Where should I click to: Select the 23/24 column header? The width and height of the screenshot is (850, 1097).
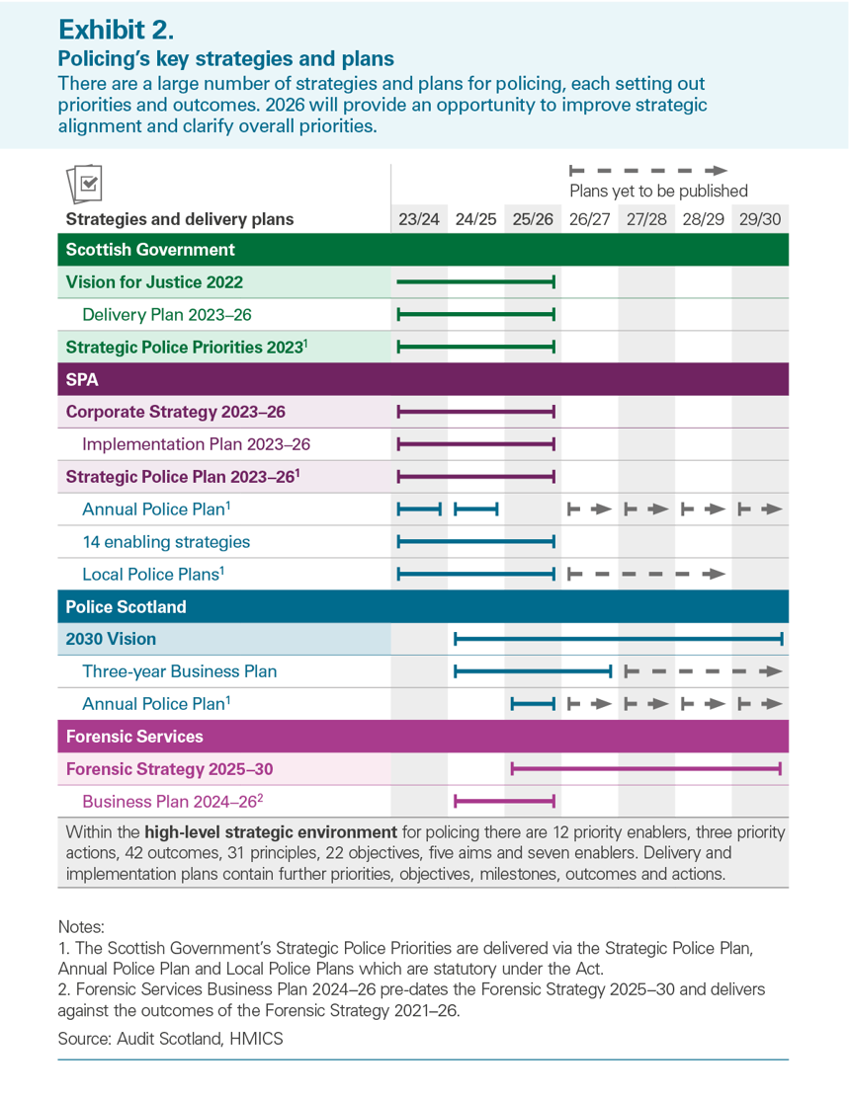coord(418,218)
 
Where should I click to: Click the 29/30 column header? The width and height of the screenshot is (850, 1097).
coord(759,218)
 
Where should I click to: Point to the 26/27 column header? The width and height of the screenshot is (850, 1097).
coord(589,218)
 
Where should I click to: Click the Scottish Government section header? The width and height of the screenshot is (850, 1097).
coord(150,250)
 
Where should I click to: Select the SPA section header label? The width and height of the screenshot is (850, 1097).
coord(82,379)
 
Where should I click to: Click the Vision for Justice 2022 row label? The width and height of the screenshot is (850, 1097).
coord(154,282)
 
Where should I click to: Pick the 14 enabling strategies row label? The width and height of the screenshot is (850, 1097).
coord(166,541)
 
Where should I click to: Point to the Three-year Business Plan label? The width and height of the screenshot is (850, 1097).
coord(180,671)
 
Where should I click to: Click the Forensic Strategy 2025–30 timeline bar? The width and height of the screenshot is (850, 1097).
coord(646,768)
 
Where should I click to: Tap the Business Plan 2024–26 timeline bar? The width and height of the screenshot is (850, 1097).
coord(504,801)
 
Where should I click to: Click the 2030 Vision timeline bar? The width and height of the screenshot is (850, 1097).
coord(618,639)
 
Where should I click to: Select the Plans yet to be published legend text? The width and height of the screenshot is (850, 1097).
coord(658,191)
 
